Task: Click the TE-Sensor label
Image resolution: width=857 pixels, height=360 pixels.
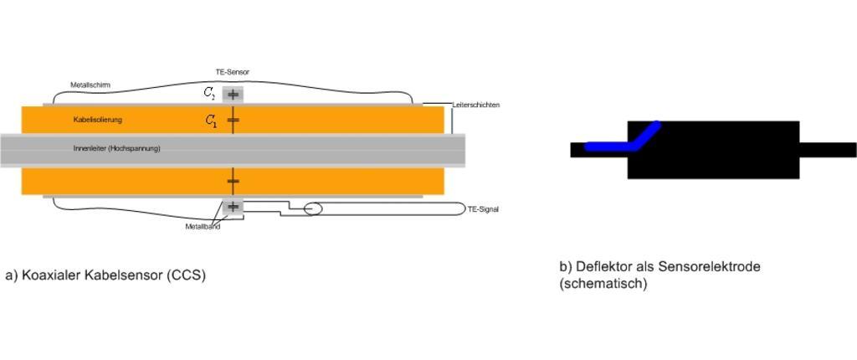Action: coord(233,72)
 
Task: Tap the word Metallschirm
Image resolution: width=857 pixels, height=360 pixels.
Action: coord(87,85)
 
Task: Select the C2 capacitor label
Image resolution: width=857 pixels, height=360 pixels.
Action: coord(209,93)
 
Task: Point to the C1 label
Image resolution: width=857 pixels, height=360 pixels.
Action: coord(210,121)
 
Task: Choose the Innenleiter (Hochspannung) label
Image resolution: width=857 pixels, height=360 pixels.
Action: coord(116,148)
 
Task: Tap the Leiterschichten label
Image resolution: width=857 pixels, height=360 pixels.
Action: coord(475,105)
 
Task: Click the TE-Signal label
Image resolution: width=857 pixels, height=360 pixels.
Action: coord(484,209)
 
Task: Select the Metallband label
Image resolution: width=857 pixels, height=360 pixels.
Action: coord(203,227)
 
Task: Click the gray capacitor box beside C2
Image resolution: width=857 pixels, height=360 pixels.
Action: coord(233,95)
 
